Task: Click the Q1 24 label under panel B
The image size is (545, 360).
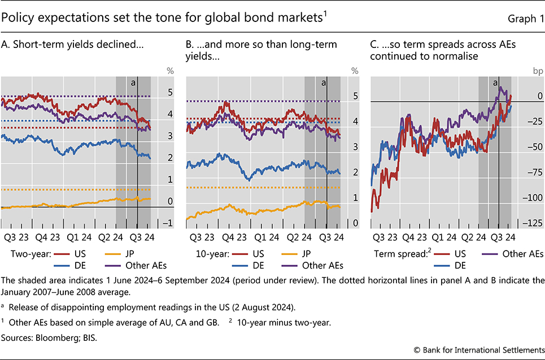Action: (264, 238)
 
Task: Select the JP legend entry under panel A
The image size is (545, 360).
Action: (131, 253)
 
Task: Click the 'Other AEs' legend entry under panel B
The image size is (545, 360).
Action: (323, 265)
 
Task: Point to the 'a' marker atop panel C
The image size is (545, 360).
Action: (495, 82)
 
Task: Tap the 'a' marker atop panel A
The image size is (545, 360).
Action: (133, 82)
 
